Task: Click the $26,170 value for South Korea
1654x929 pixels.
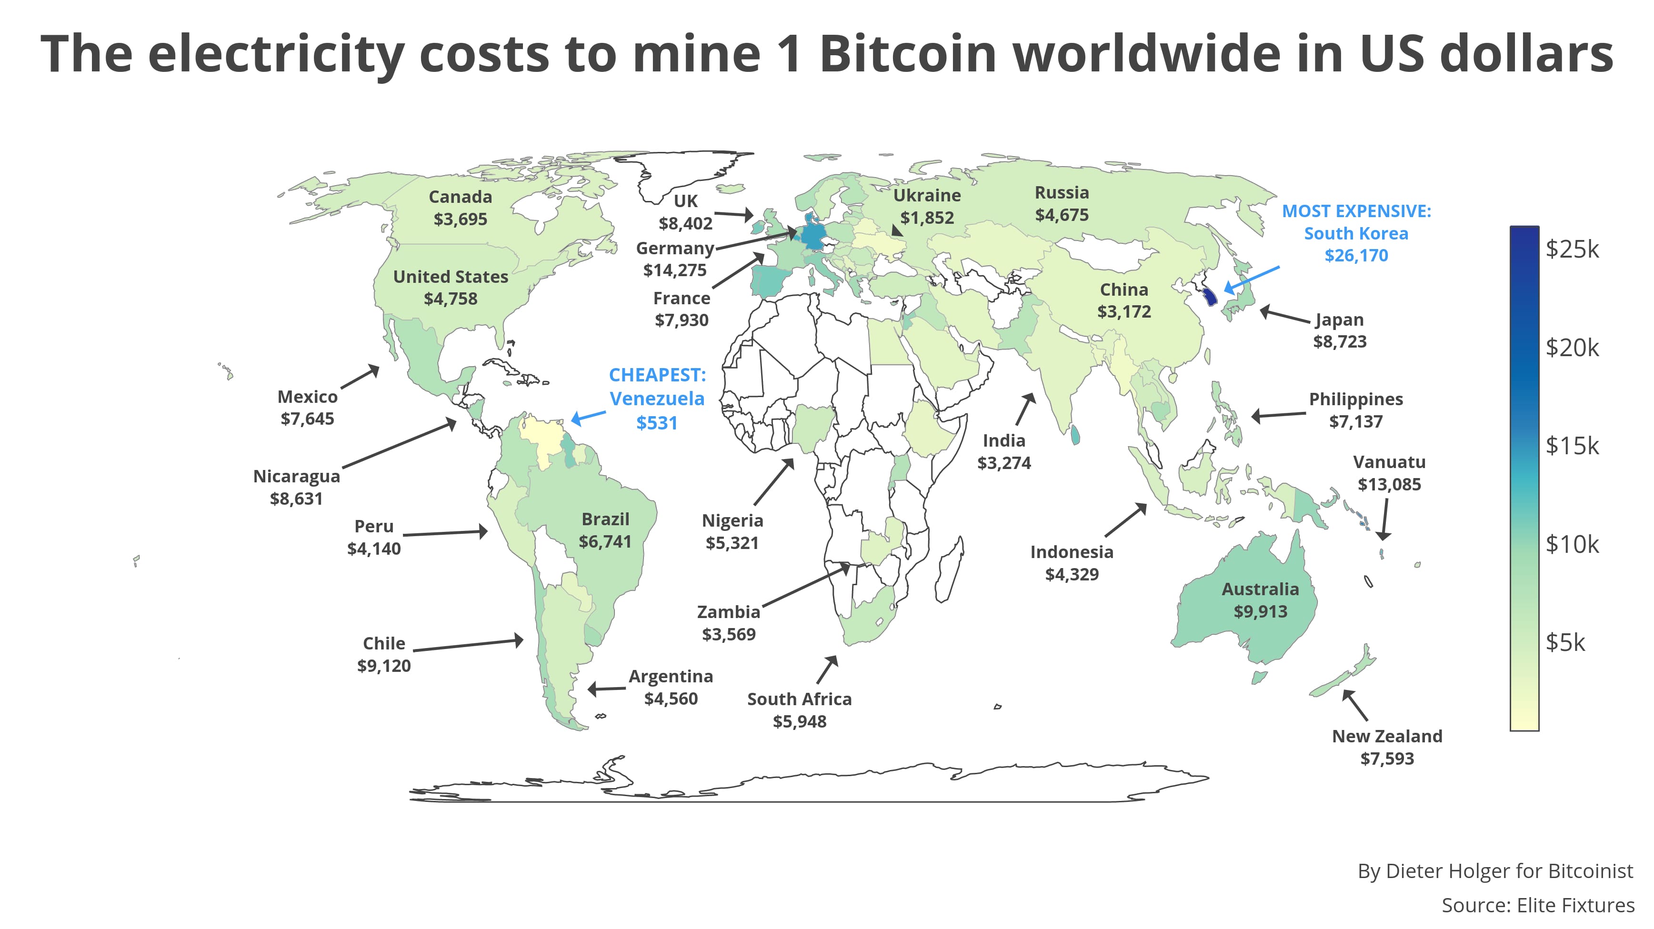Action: (1355, 256)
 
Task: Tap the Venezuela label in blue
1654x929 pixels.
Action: (656, 399)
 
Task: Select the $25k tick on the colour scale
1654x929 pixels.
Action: (1571, 249)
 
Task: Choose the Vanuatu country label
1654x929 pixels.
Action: (1389, 462)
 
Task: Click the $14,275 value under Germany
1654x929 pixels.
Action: (674, 270)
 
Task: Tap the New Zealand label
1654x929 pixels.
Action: (1386, 737)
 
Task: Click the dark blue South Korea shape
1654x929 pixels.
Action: (1210, 297)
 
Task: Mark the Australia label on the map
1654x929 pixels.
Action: (1260, 589)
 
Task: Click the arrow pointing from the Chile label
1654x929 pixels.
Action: (468, 645)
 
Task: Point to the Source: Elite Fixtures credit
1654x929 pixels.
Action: (1537, 905)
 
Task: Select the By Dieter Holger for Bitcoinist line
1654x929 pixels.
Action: (1495, 871)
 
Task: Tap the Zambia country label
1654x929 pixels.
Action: (728, 612)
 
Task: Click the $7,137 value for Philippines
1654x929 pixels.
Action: (1355, 422)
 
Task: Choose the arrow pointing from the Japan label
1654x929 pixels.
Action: (1284, 315)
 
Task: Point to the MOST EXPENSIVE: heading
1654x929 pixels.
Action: (1356, 211)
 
